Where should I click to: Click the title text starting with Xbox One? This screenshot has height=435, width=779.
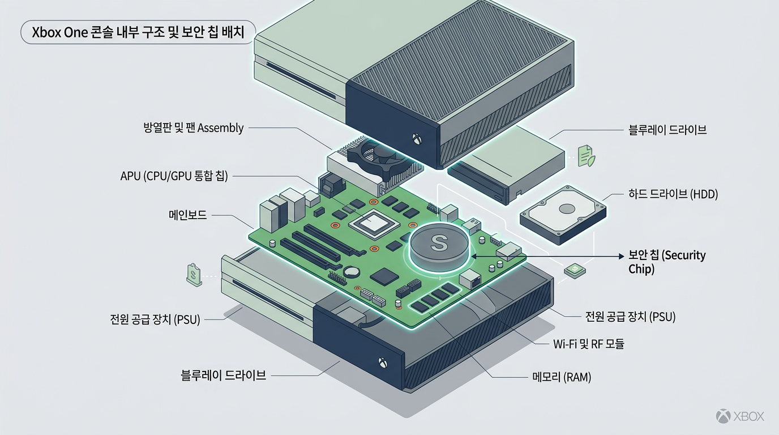point(138,33)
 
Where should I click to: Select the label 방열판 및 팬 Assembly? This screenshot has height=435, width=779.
point(194,128)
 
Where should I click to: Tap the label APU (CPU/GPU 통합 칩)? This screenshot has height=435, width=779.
point(174,176)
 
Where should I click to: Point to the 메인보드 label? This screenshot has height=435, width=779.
point(187,215)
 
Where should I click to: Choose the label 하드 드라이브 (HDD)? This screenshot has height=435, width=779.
point(673,194)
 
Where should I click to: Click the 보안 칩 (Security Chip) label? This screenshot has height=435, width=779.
point(667,262)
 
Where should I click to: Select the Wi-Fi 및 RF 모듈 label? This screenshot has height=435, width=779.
point(588,344)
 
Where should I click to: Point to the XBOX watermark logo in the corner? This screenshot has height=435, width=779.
point(740,416)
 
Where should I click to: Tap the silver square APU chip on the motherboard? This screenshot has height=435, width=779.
point(371,224)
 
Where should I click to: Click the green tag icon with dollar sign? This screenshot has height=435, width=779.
point(194,275)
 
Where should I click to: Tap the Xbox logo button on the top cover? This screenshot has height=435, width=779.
point(417,138)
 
